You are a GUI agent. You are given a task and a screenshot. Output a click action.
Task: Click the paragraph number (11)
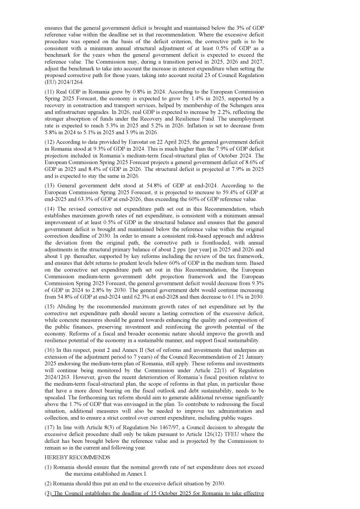coord(49,92)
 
